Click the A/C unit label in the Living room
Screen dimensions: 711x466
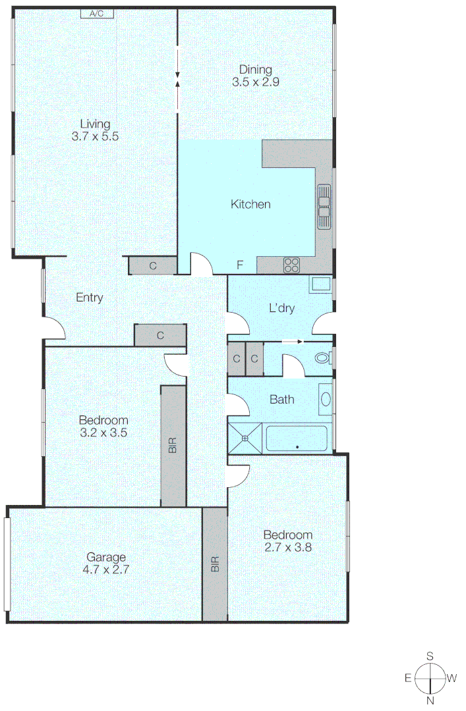(97, 13)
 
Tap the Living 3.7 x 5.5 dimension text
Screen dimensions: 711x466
(95, 137)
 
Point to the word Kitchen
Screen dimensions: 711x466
(250, 205)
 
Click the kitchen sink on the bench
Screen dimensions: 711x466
(324, 206)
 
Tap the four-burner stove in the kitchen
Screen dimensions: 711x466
(291, 265)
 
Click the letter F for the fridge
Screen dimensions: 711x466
(241, 266)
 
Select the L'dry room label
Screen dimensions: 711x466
(281, 308)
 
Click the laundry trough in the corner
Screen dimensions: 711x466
(320, 285)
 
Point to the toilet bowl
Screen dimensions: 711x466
(322, 359)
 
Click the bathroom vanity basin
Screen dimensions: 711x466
(325, 399)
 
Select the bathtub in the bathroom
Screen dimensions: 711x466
(297, 438)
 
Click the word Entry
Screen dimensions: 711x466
(90, 298)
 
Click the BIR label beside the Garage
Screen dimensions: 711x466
(214, 564)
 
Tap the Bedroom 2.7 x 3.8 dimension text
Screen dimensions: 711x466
(287, 546)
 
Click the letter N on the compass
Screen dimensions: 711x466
(430, 700)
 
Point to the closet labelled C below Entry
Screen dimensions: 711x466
(160, 335)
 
